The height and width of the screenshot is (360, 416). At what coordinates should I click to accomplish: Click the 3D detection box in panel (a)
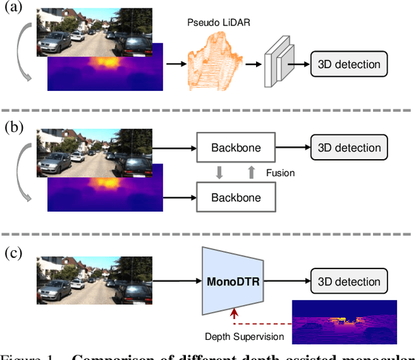coord(349,64)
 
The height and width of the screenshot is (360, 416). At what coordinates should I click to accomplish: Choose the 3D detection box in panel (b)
coord(349,148)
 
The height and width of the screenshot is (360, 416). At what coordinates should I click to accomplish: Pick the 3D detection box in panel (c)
coord(349,282)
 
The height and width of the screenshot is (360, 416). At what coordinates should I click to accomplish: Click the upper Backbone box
coord(235,148)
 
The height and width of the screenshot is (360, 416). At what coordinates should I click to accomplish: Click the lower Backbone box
coord(235,197)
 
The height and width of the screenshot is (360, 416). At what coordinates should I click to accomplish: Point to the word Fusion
coord(280,173)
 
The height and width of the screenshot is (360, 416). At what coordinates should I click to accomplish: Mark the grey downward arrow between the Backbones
coord(220,172)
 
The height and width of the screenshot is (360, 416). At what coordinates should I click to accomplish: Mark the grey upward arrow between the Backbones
coord(250,172)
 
